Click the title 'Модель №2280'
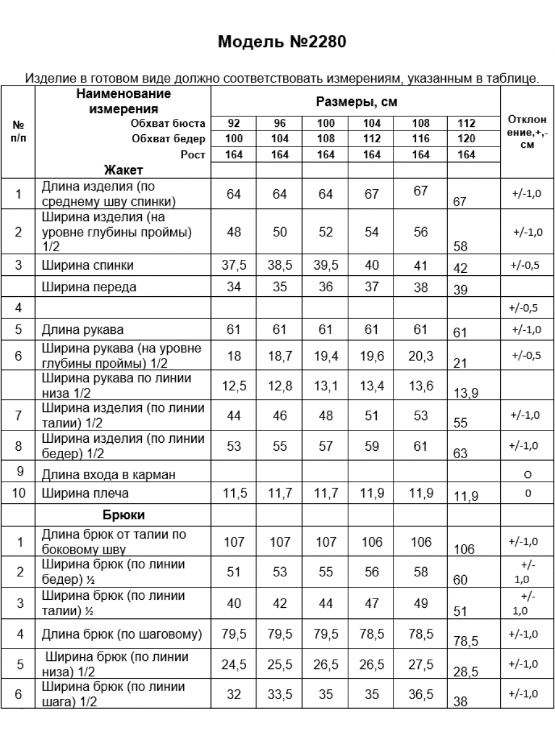click(282, 42)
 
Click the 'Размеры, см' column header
click(355, 101)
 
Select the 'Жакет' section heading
click(123, 170)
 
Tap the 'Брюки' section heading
click(123, 515)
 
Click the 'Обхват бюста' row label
click(168, 123)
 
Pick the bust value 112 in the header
click(467, 123)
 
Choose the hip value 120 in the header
click(467, 139)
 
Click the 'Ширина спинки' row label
click(88, 266)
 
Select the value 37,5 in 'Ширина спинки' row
click(234, 265)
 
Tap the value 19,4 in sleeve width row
click(326, 355)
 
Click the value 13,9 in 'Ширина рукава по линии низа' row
click(466, 393)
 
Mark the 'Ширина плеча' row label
click(86, 494)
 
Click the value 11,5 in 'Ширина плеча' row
click(234, 493)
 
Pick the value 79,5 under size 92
click(234, 634)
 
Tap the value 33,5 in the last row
click(280, 695)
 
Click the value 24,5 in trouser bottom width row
click(234, 664)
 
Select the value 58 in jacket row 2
click(460, 246)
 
